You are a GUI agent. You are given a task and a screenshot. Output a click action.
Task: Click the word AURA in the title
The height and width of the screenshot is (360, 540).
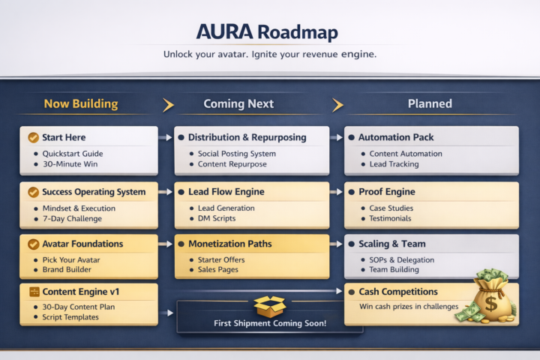click(x=223, y=32)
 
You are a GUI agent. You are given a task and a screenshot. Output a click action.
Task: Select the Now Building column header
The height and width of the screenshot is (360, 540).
click(x=81, y=103)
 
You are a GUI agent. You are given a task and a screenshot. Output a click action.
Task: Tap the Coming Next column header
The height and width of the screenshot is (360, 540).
click(x=238, y=103)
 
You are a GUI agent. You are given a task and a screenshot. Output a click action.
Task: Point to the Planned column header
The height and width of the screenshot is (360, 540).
click(x=430, y=103)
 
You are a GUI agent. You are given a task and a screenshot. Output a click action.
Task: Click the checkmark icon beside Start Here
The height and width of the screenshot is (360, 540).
click(x=33, y=137)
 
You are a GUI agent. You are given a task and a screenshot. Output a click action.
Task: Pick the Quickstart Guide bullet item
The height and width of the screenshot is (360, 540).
click(x=73, y=154)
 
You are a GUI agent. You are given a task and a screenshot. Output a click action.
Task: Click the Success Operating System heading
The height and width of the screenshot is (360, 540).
click(x=94, y=192)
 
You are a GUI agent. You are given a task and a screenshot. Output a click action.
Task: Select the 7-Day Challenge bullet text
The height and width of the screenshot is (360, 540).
click(x=73, y=219)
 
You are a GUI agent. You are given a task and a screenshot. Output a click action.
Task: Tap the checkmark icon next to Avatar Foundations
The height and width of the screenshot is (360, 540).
click(x=33, y=244)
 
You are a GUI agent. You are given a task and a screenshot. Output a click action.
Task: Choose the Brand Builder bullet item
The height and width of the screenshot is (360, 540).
click(x=67, y=269)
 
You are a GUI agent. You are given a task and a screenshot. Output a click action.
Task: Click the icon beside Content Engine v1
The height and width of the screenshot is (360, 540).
click(x=33, y=292)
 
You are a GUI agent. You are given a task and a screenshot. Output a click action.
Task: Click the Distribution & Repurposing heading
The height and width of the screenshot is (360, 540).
click(x=247, y=137)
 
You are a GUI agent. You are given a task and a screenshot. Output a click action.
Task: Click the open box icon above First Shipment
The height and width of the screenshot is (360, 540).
click(x=269, y=304)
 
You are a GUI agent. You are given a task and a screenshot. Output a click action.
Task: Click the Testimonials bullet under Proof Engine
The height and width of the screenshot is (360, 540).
click(x=390, y=219)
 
